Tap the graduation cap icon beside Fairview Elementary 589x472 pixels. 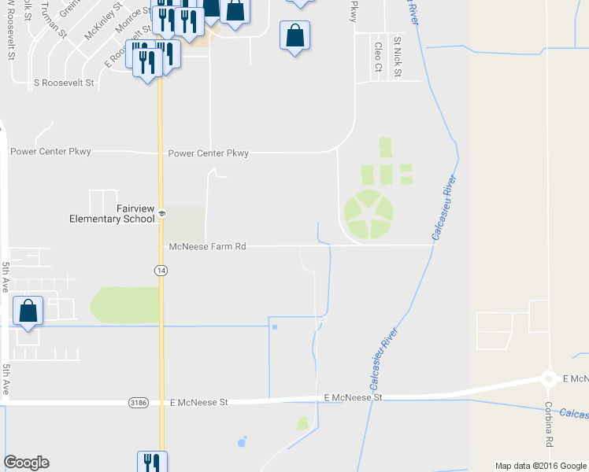[x=161, y=213]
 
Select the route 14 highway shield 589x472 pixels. [x=160, y=270]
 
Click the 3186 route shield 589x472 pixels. [x=138, y=402]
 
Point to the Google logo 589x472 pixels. [x=26, y=463]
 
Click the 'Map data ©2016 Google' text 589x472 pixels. [x=540, y=466]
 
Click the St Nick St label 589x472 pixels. [x=398, y=57]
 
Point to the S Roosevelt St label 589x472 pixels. [x=64, y=83]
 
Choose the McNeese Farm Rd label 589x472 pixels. [x=208, y=246]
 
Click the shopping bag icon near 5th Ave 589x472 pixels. [x=28, y=312]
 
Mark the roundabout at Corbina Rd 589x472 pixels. [x=548, y=379]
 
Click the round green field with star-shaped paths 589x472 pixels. [x=368, y=214]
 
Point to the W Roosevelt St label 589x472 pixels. [x=11, y=31]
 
